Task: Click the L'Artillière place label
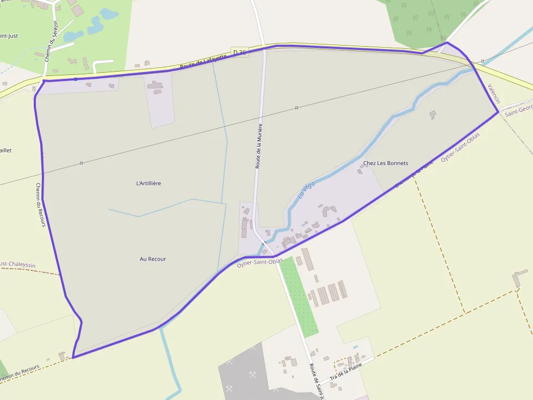[x=148, y=183]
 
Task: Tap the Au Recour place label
[x=153, y=259]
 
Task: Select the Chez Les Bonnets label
[x=386, y=163]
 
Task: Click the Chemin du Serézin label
[x=51, y=45]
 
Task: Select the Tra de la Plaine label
[x=346, y=374]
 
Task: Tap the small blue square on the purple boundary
[x=76, y=79]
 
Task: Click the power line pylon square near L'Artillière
[x=81, y=163]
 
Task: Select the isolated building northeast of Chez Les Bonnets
[x=432, y=115]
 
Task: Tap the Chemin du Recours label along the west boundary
[x=41, y=204]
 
